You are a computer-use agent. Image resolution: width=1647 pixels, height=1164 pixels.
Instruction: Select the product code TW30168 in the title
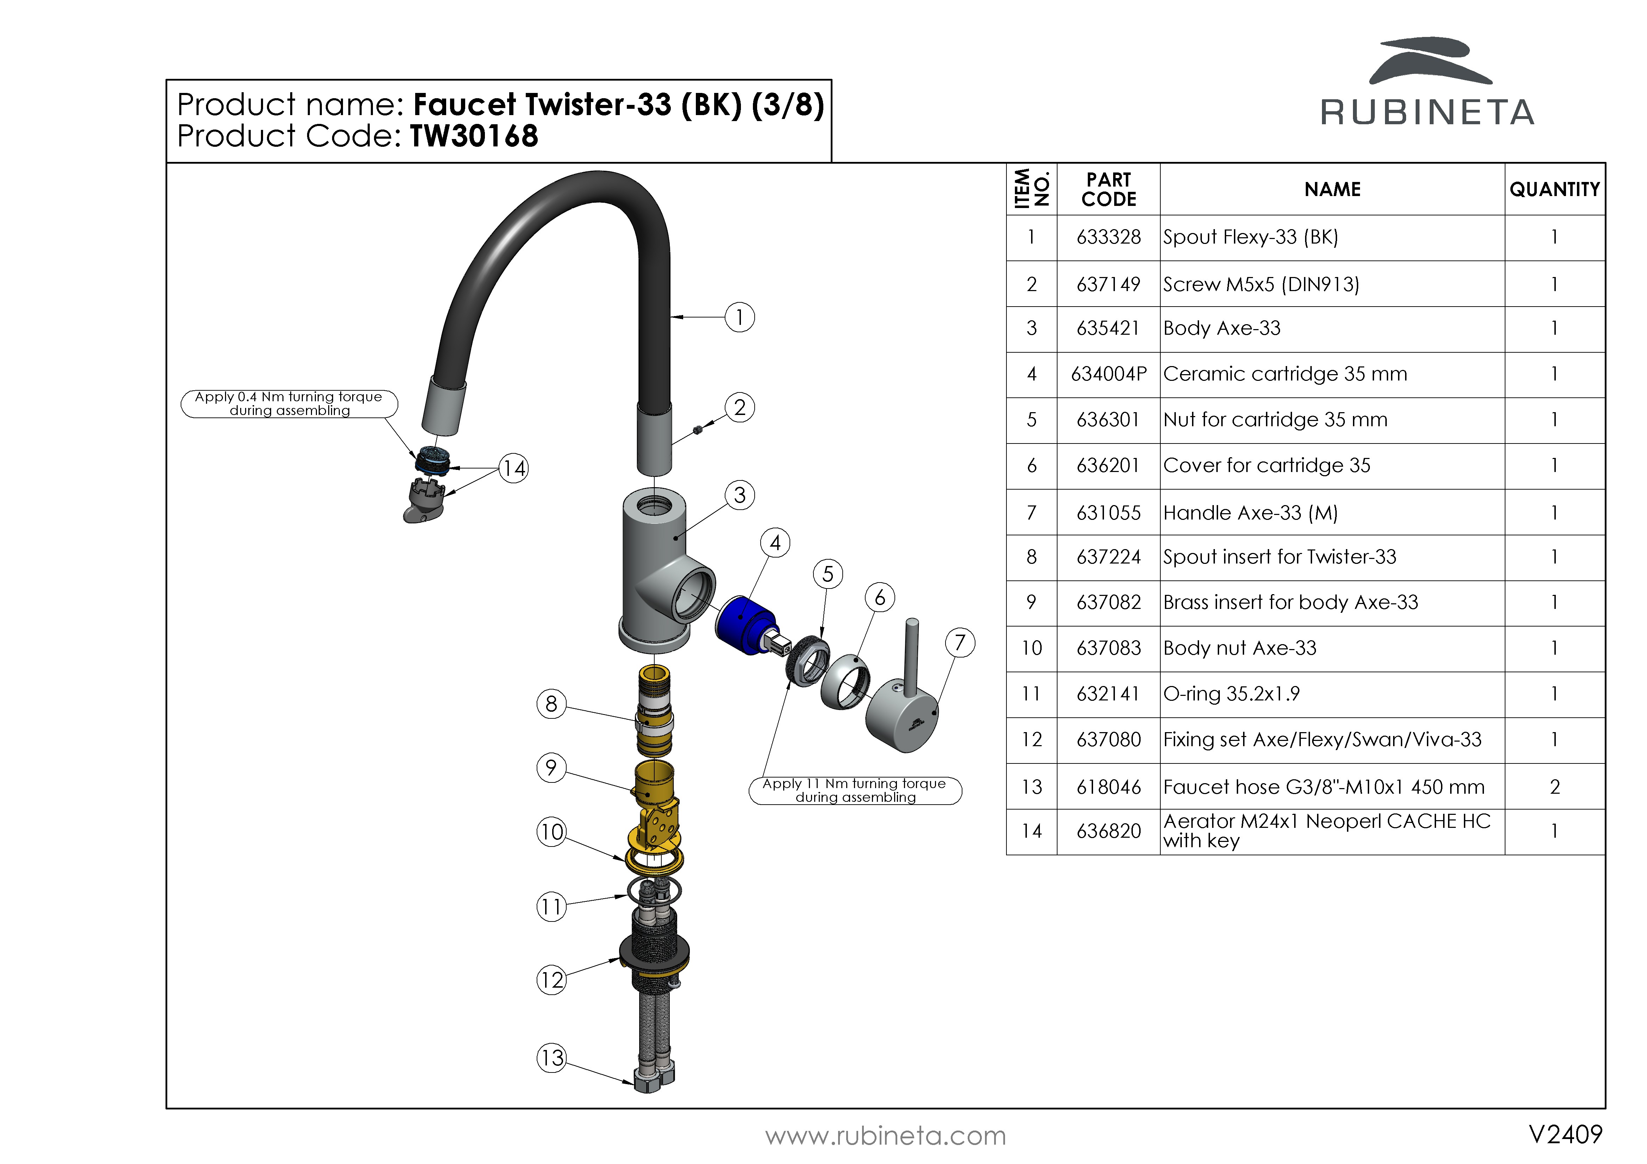[x=473, y=136]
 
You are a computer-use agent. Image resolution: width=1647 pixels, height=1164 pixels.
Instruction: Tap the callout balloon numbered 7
[x=960, y=643]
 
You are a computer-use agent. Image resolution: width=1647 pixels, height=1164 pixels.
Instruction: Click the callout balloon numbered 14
[x=514, y=468]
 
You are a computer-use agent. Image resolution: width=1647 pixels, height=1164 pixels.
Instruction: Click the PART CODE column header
[x=1108, y=189]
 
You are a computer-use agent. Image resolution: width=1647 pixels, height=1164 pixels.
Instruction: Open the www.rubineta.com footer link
[x=885, y=1136]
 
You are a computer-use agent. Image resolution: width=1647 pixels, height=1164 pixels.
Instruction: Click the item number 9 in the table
[x=1031, y=603]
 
